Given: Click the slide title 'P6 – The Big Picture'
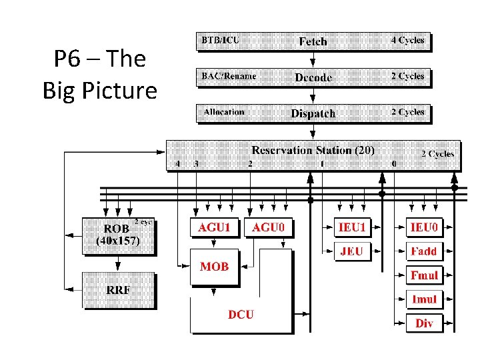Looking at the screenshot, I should (x=99, y=74).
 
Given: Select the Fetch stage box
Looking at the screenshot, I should (x=312, y=41).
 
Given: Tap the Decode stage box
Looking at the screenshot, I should (x=312, y=77).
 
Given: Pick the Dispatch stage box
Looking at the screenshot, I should (x=312, y=113).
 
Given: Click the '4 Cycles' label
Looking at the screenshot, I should (x=407, y=40).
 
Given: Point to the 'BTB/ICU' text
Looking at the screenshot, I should (x=220, y=40).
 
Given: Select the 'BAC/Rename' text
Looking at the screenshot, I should (x=229, y=76).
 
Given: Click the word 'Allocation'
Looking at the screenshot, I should (x=224, y=112).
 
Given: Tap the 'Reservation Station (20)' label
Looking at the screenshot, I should (x=313, y=150).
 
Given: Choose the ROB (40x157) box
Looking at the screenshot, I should (x=119, y=235).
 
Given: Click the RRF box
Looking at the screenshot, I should (x=118, y=289).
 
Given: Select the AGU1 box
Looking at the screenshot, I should (x=215, y=228).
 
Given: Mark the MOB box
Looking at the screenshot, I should (x=215, y=267).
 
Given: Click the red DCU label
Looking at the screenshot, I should (x=241, y=314).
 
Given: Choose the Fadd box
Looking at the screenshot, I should (x=424, y=251).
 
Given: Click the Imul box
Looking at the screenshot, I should (x=424, y=299).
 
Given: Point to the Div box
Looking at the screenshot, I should (x=424, y=323).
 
